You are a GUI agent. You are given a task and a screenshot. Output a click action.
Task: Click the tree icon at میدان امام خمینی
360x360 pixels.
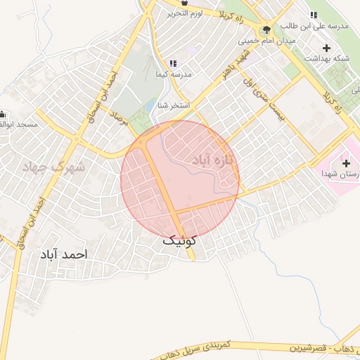coord(266,30)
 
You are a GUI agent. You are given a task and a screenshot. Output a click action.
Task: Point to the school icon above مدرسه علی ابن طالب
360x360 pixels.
coord(313,15)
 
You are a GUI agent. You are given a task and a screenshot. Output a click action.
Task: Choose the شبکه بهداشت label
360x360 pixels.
coord(326,59)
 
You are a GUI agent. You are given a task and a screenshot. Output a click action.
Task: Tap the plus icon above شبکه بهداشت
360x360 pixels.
coord(326,48)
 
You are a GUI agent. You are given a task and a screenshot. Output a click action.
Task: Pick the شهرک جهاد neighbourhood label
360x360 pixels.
coord(53,167)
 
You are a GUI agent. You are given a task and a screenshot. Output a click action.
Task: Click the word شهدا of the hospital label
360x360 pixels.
coord(330,173)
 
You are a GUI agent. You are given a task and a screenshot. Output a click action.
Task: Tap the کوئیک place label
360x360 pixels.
coord(179,240)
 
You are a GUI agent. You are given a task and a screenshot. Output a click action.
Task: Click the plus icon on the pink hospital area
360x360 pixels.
coord(345,163)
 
